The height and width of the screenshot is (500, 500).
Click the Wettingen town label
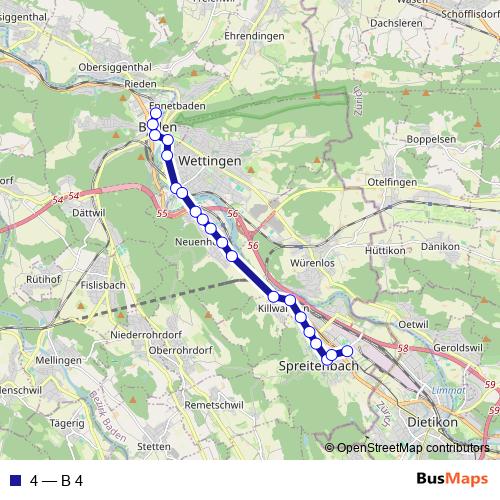[210, 161]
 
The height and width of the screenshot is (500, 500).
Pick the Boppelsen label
[433, 138]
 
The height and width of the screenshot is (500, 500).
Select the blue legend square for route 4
[14, 480]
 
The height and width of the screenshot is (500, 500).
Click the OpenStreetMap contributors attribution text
[413, 448]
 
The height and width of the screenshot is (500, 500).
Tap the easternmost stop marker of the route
[348, 351]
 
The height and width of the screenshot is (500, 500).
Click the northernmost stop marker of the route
[154, 114]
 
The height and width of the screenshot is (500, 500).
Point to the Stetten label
[154, 446]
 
